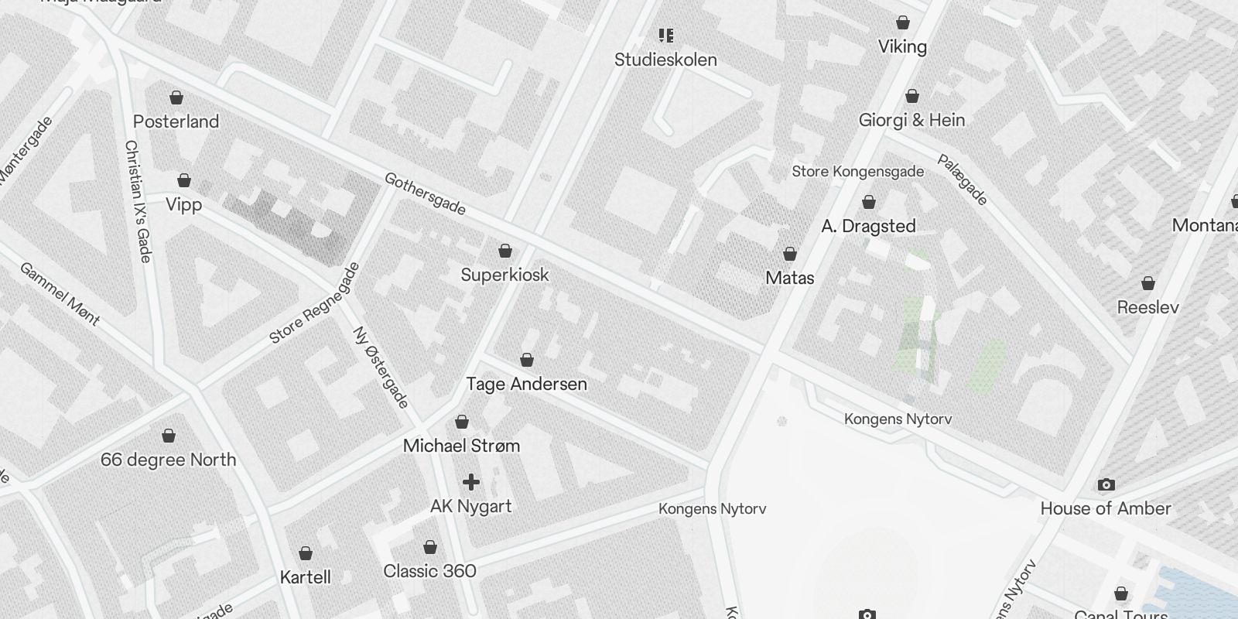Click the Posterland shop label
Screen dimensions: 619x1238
tap(176, 121)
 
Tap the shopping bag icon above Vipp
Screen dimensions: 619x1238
tap(184, 180)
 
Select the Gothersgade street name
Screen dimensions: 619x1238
tap(425, 193)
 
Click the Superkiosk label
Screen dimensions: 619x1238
tap(504, 275)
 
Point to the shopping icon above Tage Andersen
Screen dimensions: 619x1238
tap(527, 360)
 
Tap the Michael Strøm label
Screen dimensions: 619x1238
tap(461, 446)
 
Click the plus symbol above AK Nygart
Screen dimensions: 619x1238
tap(470, 482)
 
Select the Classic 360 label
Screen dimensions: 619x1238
tap(429, 571)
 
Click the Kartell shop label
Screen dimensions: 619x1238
tap(305, 577)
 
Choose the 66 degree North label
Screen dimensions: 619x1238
tap(168, 460)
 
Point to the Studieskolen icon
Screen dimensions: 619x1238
tap(665, 36)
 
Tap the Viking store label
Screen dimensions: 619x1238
tap(902, 46)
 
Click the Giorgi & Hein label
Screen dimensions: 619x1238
tap(911, 120)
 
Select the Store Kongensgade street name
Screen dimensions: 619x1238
tap(857, 171)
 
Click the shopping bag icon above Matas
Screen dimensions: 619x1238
tap(790, 254)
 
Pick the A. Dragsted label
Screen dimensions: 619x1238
tap(868, 226)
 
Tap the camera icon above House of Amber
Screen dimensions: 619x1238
tap(1106, 485)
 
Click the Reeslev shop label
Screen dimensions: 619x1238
tap(1147, 307)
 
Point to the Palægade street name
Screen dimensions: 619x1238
tap(963, 180)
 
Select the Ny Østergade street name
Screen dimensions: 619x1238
tap(380, 368)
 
